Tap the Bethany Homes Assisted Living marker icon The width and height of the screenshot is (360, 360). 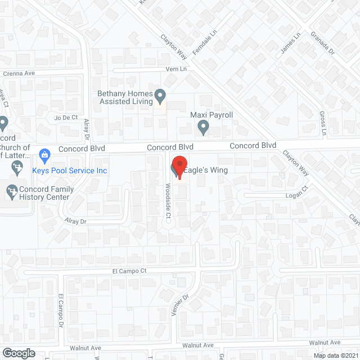(160, 97)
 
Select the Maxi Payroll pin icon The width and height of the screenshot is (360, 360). (204, 129)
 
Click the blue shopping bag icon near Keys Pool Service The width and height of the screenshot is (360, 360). (43, 153)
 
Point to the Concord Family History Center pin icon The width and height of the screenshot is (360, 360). (12, 192)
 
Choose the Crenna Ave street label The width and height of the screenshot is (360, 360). (19, 74)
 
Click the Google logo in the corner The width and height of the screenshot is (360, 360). (18, 353)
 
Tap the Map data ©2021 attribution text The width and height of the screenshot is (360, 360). (335, 355)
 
